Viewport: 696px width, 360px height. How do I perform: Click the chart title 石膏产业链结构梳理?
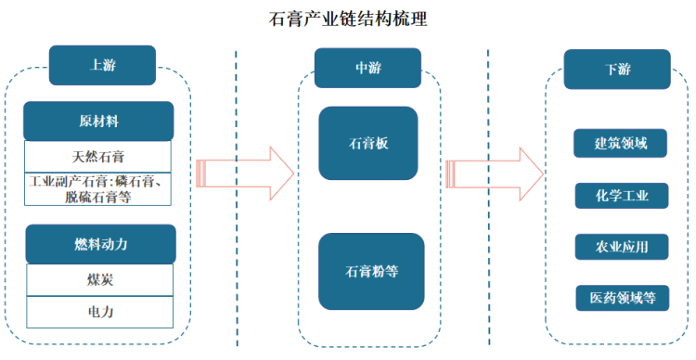click(x=348, y=19)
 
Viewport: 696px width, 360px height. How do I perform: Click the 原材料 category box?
click(x=98, y=122)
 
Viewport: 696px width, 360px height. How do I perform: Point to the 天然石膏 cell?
click(x=98, y=156)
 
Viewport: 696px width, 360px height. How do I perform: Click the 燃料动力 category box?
click(x=100, y=244)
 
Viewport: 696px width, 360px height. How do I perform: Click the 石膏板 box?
click(x=368, y=144)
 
